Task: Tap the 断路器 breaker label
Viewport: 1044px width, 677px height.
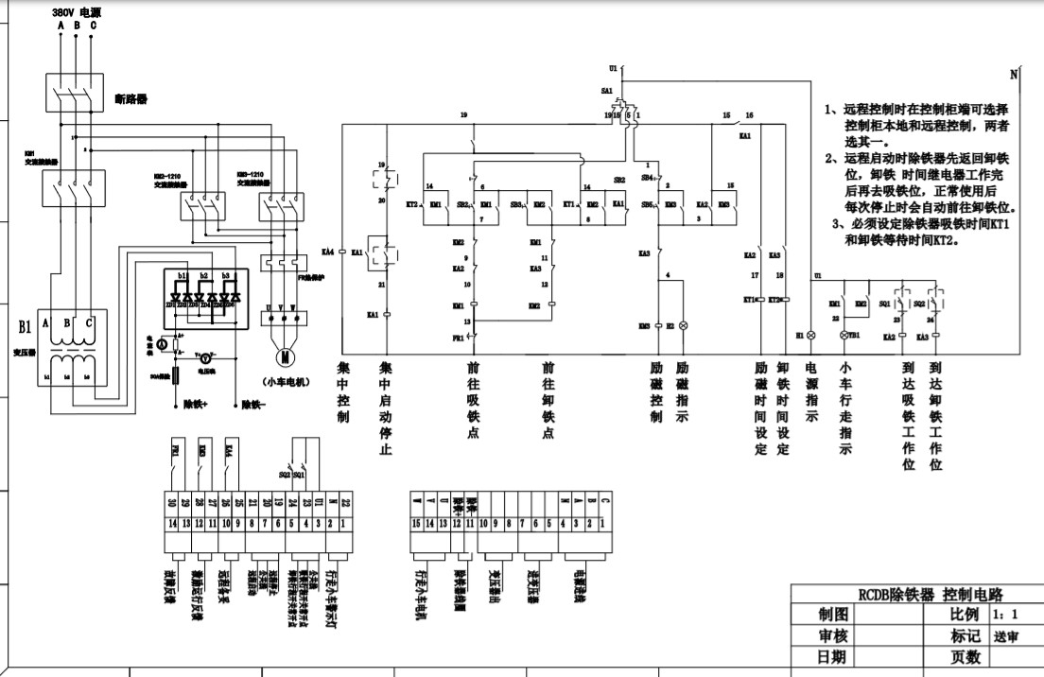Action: pyautogui.click(x=131, y=98)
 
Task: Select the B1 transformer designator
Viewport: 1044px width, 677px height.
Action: pyautogui.click(x=26, y=328)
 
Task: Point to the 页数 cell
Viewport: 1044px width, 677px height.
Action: pyautogui.click(x=966, y=656)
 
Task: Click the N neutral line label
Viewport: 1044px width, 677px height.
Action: pyautogui.click(x=1013, y=74)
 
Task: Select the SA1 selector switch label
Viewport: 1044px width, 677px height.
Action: pyautogui.click(x=607, y=90)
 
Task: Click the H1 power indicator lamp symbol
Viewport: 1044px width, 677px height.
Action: pyautogui.click(x=810, y=336)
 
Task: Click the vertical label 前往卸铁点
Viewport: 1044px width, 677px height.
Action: pyautogui.click(x=548, y=401)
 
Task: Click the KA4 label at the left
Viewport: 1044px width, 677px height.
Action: pyautogui.click(x=328, y=252)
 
